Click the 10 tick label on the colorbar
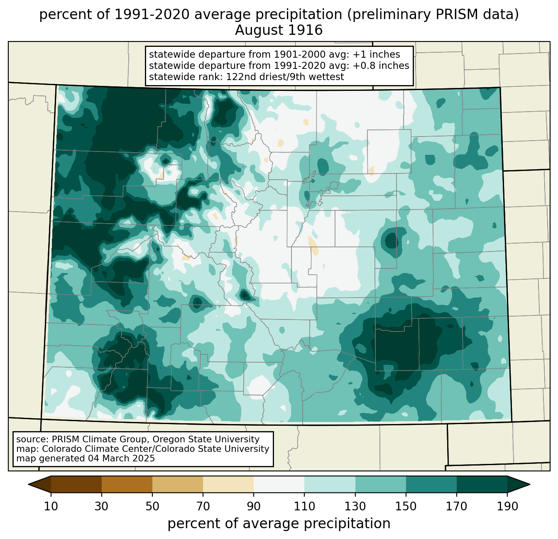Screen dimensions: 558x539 pos(51,507)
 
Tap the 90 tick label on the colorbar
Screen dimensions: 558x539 pos(254,507)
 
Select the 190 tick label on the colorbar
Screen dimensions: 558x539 pos(507,507)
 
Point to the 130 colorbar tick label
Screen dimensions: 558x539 pos(355,507)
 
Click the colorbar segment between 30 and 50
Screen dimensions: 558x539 pos(127,484)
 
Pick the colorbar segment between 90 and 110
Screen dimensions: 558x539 pos(279,484)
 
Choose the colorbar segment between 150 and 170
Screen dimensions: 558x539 pos(431,484)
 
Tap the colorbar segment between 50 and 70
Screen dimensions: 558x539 pos(178,484)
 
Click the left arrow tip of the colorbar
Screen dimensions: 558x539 pos(28,484)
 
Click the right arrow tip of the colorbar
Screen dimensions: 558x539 pos(530,484)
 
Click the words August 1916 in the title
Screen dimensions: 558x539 pos(279,30)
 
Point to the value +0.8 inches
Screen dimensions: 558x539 pos(381,66)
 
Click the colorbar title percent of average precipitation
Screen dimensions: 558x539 pos(279,523)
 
